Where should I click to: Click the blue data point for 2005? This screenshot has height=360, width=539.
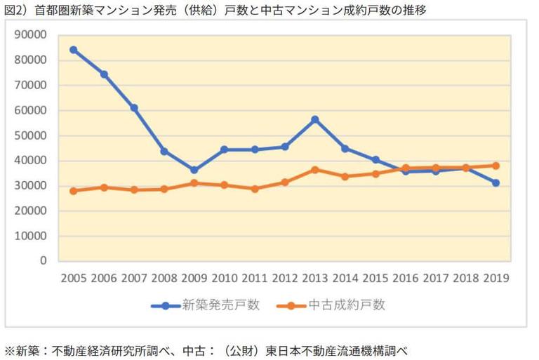[73, 50]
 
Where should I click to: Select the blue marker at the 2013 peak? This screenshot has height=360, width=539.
[315, 119]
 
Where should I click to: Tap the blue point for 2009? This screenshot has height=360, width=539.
[194, 170]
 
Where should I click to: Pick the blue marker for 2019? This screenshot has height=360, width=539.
[495, 182]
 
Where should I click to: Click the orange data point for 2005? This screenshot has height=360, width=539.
[73, 191]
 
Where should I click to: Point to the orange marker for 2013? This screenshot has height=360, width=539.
[315, 170]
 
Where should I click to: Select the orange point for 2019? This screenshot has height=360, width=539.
[495, 166]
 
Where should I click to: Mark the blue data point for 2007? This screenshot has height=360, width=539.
[133, 108]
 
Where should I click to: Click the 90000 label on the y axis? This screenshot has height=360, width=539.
[32, 35]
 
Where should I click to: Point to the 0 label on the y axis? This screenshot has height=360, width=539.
[44, 260]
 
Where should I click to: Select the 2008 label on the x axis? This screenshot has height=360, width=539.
[164, 277]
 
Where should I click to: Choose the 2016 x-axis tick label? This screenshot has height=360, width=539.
[405, 277]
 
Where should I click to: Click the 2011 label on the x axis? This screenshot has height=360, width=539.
[254, 277]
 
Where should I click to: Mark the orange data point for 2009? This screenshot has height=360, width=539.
[194, 183]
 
